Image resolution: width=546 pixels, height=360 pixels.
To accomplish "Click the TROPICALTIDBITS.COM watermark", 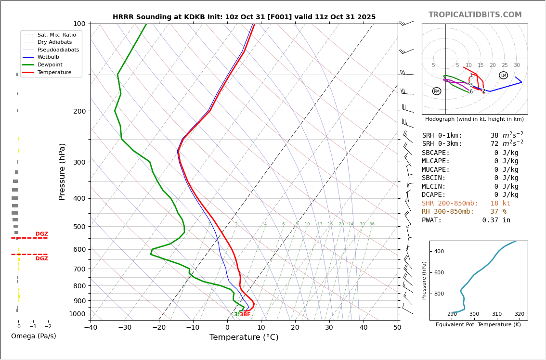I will (x=475, y=15).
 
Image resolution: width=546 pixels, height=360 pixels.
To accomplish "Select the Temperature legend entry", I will (x=54, y=72).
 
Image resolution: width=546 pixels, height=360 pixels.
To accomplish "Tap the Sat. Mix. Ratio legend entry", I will (x=56, y=35).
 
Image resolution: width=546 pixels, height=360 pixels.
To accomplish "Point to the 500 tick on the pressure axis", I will (x=79, y=227).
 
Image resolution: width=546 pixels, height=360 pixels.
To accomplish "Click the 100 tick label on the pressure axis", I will (x=79, y=24).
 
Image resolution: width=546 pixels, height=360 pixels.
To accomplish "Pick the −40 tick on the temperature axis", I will (x=91, y=328).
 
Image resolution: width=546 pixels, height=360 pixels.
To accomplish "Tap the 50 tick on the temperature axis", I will (x=397, y=328).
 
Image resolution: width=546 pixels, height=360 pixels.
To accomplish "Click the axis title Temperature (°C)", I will (x=244, y=337).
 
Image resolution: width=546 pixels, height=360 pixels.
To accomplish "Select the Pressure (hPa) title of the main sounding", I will (x=62, y=171).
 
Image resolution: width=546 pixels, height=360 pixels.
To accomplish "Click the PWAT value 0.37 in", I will (x=496, y=220).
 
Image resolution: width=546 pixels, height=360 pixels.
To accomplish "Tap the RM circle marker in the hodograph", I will (x=436, y=91).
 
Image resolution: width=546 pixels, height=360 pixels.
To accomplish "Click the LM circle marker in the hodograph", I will (x=503, y=75).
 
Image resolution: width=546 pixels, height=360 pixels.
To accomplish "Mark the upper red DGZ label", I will (x=41, y=234).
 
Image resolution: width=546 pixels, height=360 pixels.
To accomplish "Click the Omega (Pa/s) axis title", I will (x=33, y=336).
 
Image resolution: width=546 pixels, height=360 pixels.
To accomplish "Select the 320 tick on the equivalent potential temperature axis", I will (x=519, y=314).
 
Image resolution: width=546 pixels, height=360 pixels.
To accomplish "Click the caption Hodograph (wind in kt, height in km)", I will (x=474, y=119).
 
